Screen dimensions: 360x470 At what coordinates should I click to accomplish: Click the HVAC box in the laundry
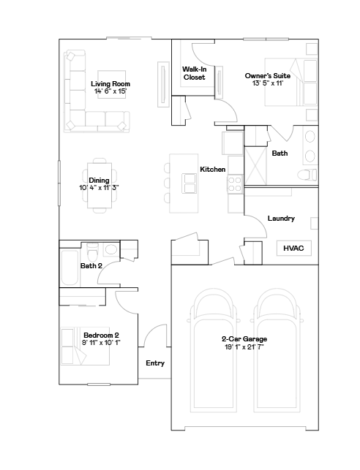pos(293,248)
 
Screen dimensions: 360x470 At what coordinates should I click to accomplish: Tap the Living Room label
pos(110,83)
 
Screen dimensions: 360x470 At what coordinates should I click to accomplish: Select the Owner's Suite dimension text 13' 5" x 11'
pos(268,83)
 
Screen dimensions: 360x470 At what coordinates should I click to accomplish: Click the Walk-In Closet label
pos(194,73)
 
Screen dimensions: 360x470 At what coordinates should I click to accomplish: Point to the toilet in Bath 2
pos(92,251)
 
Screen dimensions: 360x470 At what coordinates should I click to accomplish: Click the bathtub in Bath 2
pos(70,268)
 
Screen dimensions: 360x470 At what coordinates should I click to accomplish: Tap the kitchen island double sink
pos(190,183)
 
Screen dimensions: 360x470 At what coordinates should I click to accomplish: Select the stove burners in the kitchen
pos(234,184)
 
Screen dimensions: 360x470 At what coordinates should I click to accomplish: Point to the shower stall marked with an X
pos(255,166)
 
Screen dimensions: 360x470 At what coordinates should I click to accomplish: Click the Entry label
pos(155,363)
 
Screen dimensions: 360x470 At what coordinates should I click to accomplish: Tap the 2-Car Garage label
pos(244,339)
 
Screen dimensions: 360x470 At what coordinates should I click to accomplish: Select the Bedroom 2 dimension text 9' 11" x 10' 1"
pos(101,342)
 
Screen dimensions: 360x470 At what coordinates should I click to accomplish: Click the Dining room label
pos(99,180)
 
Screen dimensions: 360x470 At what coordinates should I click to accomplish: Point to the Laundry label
pos(281,219)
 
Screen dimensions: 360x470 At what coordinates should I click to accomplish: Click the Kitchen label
pos(213,170)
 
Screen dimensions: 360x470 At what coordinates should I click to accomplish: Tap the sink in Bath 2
pos(111,249)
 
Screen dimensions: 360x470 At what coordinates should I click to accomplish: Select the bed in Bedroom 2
pos(85,346)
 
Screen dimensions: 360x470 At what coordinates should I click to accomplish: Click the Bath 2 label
pos(91,266)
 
